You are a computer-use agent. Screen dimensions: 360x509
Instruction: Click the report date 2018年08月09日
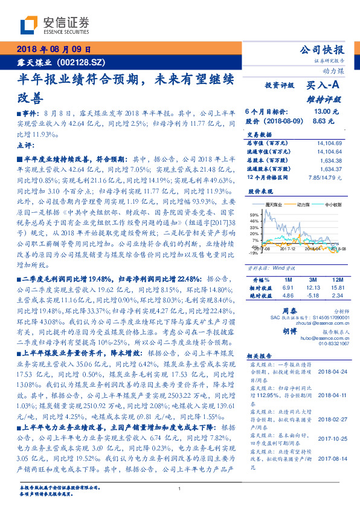coord(54,49)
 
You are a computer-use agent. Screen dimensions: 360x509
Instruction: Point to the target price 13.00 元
coord(326,112)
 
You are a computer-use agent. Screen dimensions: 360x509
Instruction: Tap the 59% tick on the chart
coord(254,215)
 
